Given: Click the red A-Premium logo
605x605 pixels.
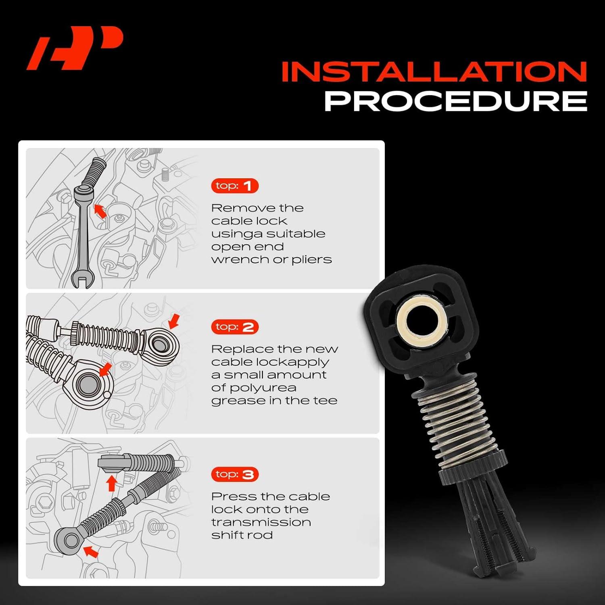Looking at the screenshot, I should [x=75, y=48].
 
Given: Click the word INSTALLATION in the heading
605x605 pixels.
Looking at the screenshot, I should [x=434, y=72].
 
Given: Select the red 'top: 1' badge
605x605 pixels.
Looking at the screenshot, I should [x=234, y=186].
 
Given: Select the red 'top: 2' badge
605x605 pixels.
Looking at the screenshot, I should [x=234, y=327].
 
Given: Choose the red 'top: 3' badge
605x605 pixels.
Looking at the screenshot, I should [x=234, y=474].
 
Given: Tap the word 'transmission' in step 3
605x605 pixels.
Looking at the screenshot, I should [x=261, y=522].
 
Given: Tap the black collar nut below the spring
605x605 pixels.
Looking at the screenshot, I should [x=472, y=468].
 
